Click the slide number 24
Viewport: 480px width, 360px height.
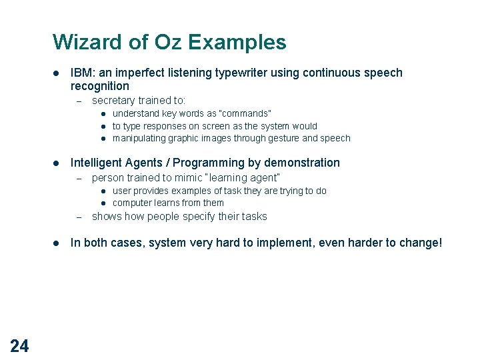point(19,345)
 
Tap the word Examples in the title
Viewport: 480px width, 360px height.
point(237,42)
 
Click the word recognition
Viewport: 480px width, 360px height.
point(99,86)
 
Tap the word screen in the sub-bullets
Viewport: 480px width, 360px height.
point(212,126)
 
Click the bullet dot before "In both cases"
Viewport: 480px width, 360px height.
point(57,243)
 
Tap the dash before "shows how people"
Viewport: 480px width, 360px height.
point(78,217)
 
